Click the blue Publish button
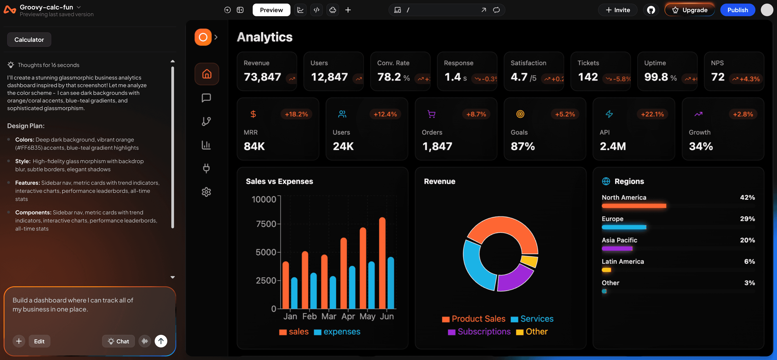point(737,10)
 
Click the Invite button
point(618,10)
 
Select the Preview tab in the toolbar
point(271,10)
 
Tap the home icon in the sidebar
point(207,74)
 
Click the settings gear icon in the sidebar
point(206,192)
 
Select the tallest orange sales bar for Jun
point(382,262)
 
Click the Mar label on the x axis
point(328,316)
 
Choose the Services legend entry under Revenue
point(532,319)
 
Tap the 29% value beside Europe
point(747,219)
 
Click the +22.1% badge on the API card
point(652,114)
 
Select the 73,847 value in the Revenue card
point(262,77)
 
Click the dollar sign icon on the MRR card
point(253,114)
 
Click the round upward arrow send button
point(161,341)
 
